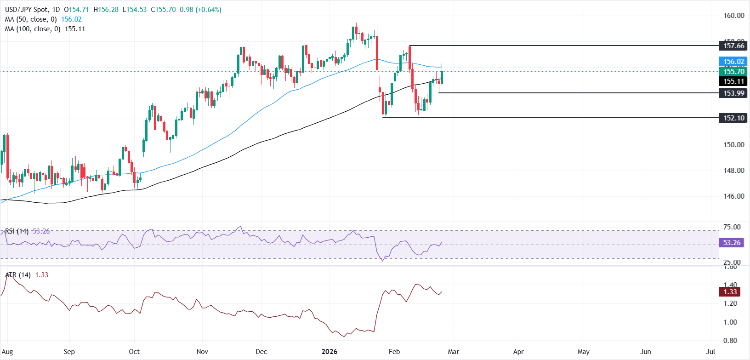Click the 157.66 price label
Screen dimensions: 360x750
pyautogui.click(x=733, y=46)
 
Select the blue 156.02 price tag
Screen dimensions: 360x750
pyautogui.click(x=733, y=62)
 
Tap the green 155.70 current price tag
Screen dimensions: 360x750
pyautogui.click(x=733, y=71)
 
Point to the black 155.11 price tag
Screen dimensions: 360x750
pyautogui.click(x=733, y=81)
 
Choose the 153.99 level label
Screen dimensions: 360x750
pyautogui.click(x=733, y=93)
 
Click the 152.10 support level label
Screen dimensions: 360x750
pyautogui.click(x=733, y=118)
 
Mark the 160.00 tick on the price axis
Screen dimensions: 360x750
pyautogui.click(x=733, y=16)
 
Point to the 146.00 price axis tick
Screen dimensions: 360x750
pyautogui.click(x=733, y=196)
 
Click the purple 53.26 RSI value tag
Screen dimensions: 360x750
pyautogui.click(x=731, y=243)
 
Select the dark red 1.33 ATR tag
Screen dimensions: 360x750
pyautogui.click(x=730, y=292)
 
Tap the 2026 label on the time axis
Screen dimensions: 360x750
pyautogui.click(x=329, y=352)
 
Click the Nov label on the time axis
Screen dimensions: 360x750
pyautogui.click(x=202, y=352)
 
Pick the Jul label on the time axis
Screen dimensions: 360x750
pyautogui.click(x=710, y=352)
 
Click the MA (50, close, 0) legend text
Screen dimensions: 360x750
pyautogui.click(x=31, y=19)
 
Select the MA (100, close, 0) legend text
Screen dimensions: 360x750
pyautogui.click(x=33, y=29)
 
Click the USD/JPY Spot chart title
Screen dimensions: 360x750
pyautogui.click(x=28, y=10)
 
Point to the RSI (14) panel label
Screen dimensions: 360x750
pyautogui.click(x=17, y=231)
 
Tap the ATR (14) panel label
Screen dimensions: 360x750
pyautogui.click(x=18, y=275)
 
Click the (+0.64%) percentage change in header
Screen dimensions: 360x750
pyautogui.click(x=208, y=10)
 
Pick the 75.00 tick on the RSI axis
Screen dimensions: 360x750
pyautogui.click(x=732, y=227)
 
